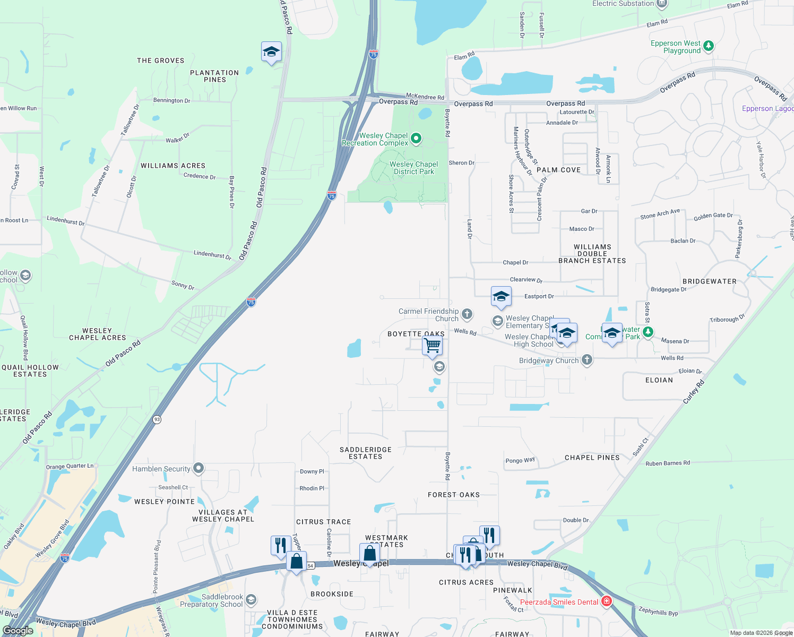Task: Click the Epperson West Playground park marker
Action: tap(709, 47)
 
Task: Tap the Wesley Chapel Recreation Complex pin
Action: tap(416, 139)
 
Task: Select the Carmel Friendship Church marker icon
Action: tap(467, 314)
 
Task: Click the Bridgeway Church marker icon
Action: tap(586, 360)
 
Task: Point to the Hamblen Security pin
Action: tap(198, 468)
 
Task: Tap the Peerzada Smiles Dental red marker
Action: tap(606, 601)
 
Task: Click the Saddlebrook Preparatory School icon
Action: tap(251, 600)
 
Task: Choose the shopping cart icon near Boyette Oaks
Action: tap(433, 346)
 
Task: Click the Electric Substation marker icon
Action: tap(661, 3)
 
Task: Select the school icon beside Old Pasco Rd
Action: tap(271, 52)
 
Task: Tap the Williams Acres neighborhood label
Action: tap(173, 166)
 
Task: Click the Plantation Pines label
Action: tap(214, 76)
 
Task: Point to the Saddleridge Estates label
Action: tap(366, 453)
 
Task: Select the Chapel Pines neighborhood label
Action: tap(592, 458)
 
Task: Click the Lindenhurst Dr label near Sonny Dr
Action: tap(212, 255)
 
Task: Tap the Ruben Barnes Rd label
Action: tap(668, 463)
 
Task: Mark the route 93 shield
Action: tap(157, 419)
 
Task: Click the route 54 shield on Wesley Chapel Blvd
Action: tap(310, 566)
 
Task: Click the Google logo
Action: tap(18, 631)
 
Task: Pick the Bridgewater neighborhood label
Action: tap(709, 281)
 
